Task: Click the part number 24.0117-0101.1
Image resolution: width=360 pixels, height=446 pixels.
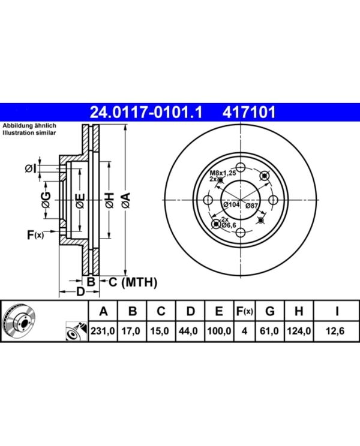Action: coord(146,112)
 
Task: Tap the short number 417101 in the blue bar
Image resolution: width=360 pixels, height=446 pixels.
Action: coord(249,112)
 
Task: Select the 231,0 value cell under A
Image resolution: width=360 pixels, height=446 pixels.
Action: coord(103,331)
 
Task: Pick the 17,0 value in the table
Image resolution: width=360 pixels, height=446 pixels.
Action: coord(131,331)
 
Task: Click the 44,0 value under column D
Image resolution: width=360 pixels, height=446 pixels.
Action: coord(188,331)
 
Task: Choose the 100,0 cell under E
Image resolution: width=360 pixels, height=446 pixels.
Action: coord(219,331)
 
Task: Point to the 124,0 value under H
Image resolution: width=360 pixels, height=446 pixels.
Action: coord(299,331)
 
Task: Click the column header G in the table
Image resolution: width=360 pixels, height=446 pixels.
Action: coord(270,312)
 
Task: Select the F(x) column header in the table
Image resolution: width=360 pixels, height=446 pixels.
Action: coord(244,312)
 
